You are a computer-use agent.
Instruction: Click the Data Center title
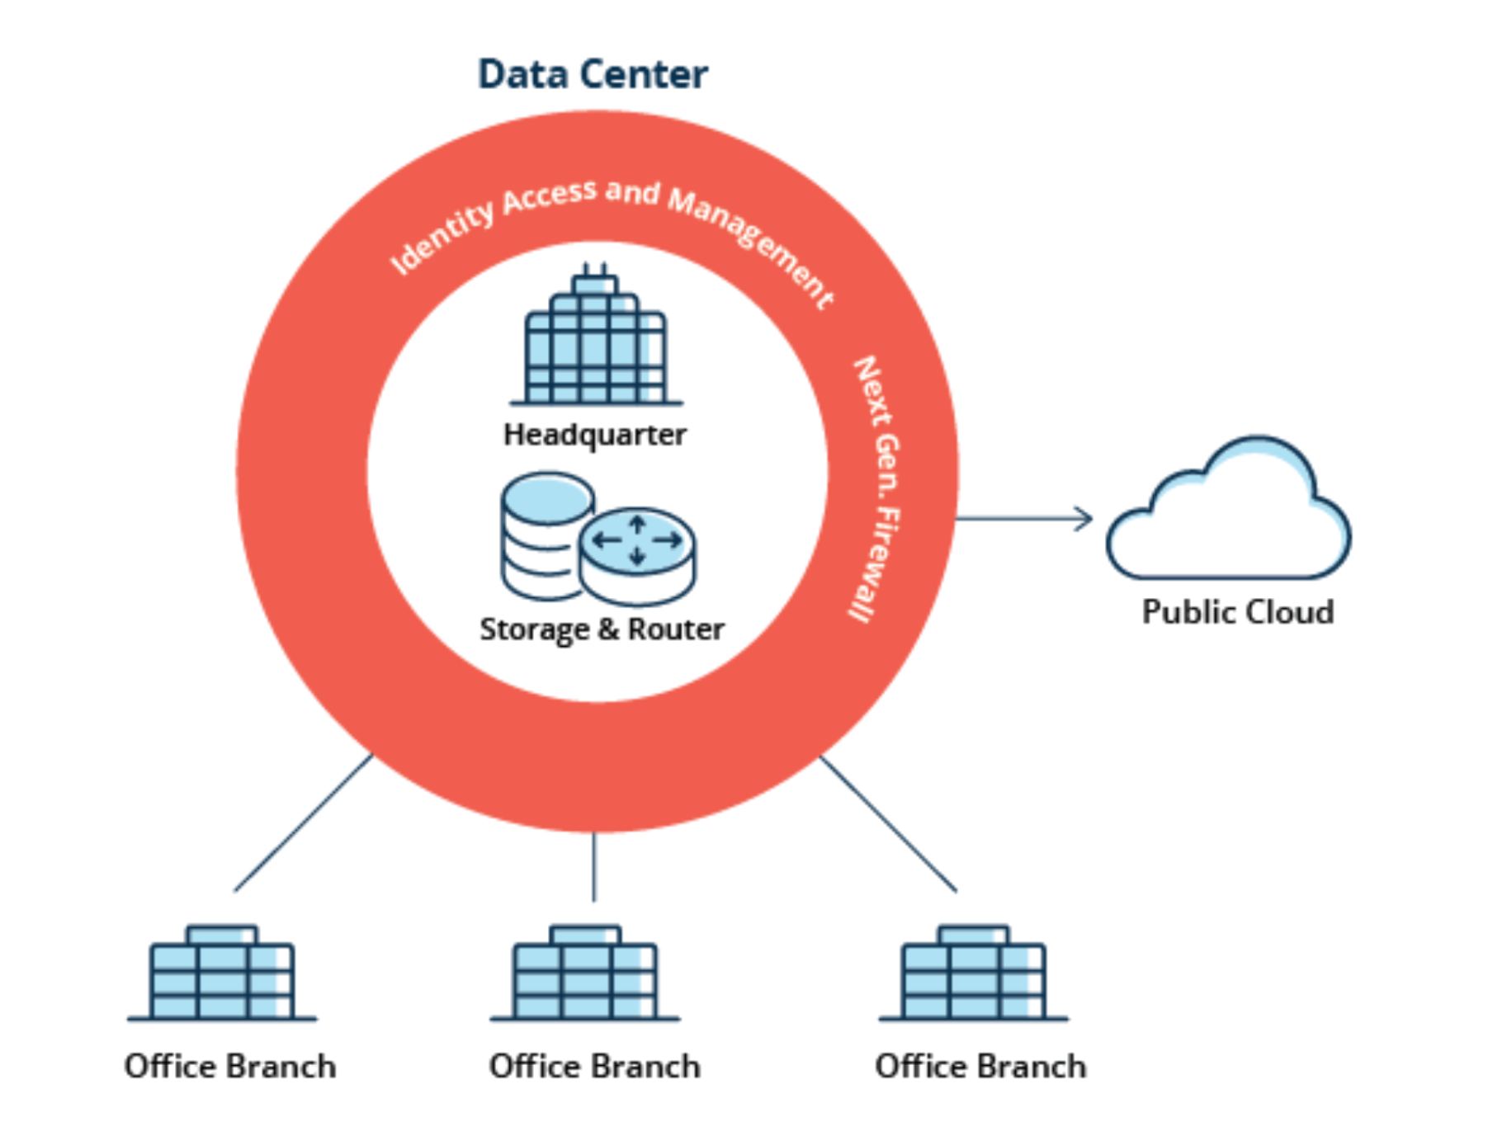593,74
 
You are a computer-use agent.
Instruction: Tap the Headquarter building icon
596,340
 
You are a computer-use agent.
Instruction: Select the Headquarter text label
594,435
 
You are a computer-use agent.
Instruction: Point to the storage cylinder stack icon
541,532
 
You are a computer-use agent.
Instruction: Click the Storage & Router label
602,629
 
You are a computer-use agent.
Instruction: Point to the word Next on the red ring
871,391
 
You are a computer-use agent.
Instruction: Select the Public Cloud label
1237,612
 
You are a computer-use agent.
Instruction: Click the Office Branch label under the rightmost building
980,1067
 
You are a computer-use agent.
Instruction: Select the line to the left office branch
303,823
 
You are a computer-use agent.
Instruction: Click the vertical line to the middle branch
593,866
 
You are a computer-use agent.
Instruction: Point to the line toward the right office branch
888,823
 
